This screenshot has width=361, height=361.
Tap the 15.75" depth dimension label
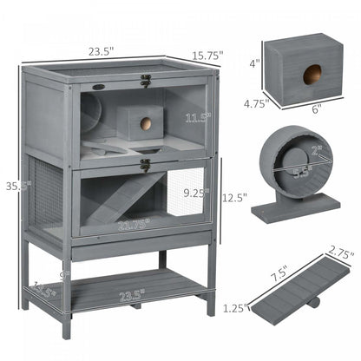209,54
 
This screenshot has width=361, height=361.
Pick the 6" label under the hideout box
314,110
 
